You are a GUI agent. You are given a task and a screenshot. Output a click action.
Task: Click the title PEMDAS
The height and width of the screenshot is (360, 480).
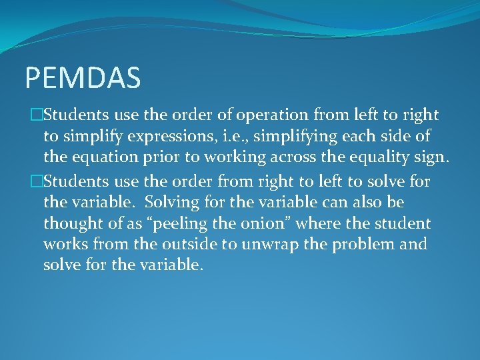point(83,77)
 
